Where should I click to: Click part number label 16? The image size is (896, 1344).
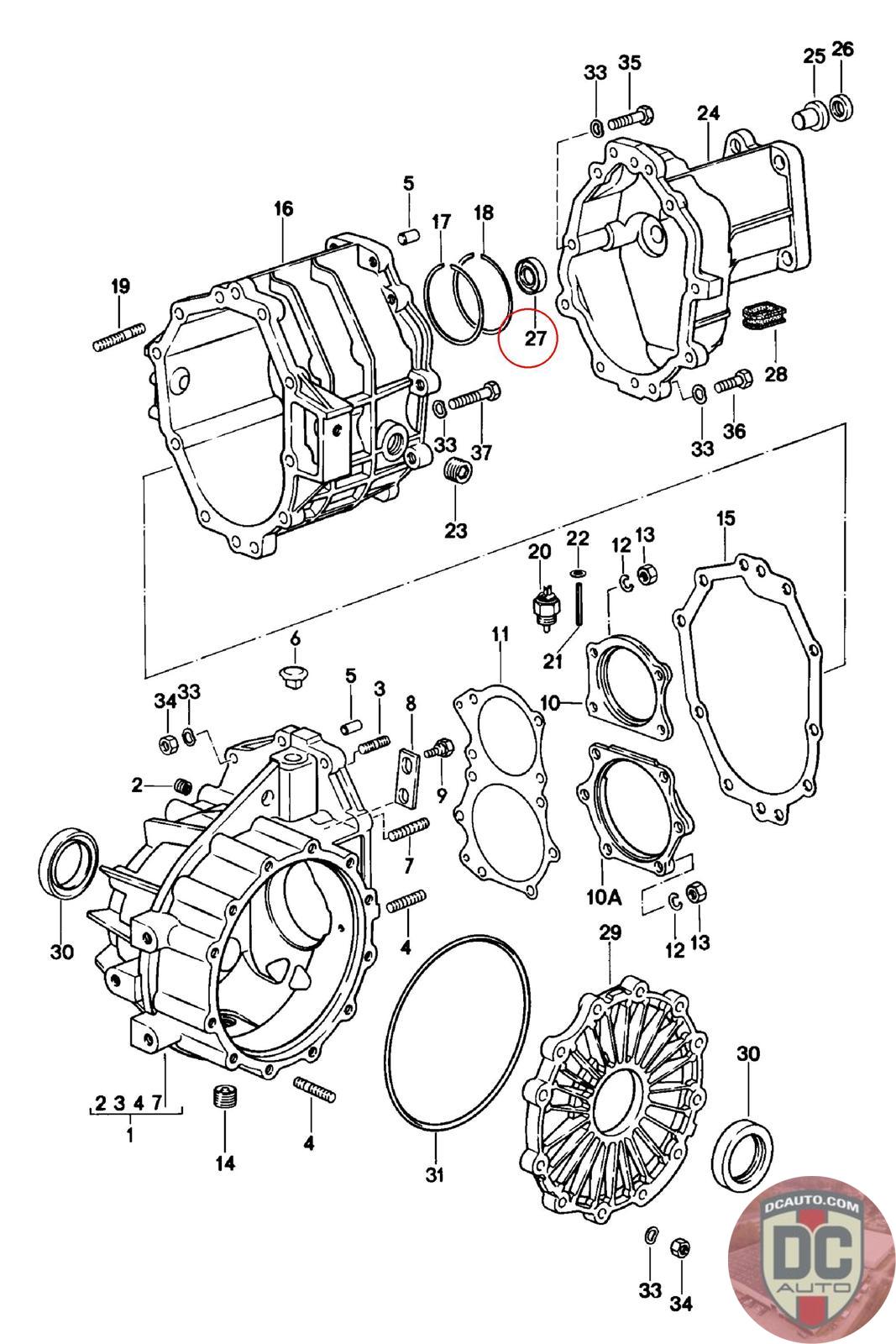(x=283, y=208)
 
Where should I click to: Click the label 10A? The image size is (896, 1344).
(x=604, y=897)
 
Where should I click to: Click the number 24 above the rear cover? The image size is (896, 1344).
(x=707, y=113)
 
